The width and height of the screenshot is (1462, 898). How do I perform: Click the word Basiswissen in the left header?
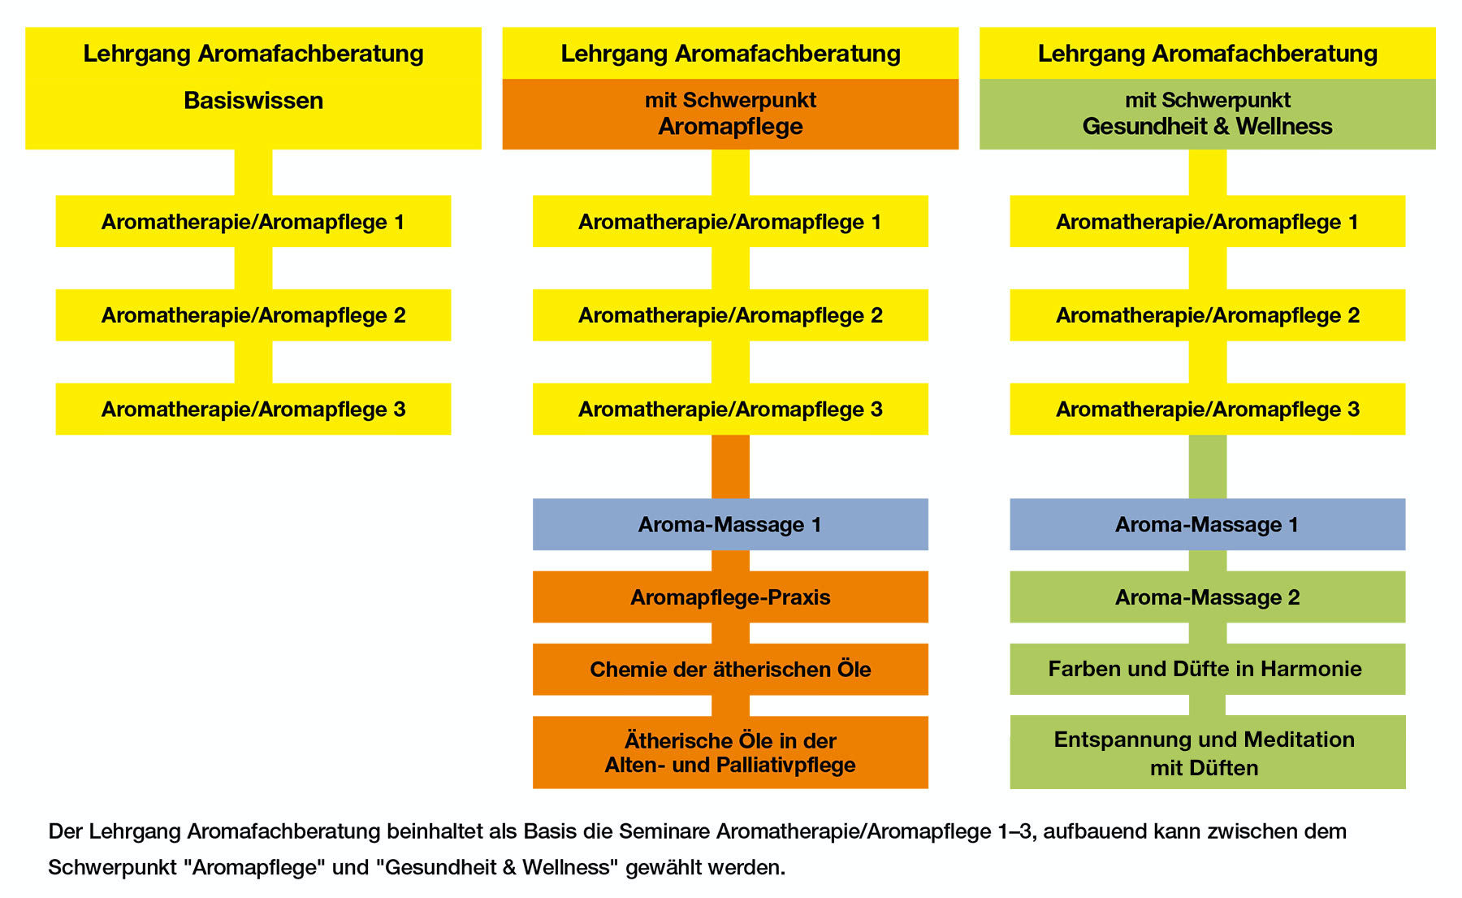253,101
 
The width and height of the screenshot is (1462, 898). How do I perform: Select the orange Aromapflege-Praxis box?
730,596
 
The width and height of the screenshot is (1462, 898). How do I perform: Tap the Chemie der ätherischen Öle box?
730,669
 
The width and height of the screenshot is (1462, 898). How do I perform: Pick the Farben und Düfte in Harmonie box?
1207,669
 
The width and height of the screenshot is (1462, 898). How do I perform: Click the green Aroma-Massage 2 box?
1207,596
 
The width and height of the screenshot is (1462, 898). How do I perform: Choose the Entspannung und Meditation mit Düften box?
1207,752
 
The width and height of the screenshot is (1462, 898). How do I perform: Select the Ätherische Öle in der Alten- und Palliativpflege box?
730,752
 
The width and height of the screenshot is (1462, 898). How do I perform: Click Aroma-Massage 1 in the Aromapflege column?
730,524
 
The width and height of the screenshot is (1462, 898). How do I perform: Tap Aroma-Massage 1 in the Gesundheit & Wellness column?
1207,524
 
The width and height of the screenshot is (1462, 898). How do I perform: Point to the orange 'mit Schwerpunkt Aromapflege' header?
730,114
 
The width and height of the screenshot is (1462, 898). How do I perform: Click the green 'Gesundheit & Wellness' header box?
1207,114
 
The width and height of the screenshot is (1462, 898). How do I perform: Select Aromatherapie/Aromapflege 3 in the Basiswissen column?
253,409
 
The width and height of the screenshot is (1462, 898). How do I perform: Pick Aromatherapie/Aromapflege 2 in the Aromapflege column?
730,315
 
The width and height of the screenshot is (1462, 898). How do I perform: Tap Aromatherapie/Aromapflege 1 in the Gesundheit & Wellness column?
1207,221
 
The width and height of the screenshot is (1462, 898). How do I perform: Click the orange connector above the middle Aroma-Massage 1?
730,466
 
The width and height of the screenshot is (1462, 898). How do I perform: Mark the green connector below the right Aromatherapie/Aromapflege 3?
1207,466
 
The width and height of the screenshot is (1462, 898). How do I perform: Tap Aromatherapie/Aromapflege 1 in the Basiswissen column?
253,221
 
